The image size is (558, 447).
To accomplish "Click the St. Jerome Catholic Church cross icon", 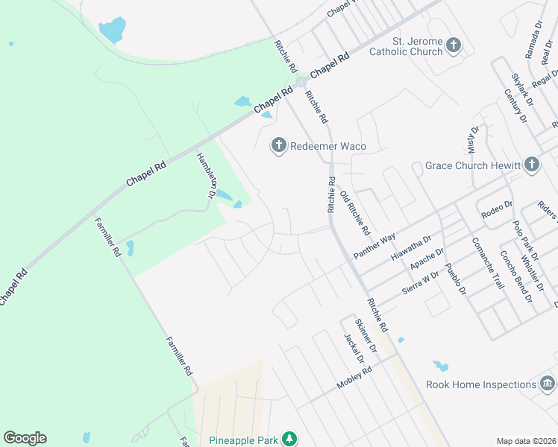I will (x=453, y=46).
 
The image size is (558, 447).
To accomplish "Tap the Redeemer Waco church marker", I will (x=279, y=145).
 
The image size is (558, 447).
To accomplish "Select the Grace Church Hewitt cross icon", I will (x=531, y=165).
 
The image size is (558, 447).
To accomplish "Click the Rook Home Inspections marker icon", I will (x=548, y=384).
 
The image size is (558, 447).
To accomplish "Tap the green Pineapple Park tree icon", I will (x=289, y=439).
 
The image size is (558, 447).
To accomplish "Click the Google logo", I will (x=25, y=438).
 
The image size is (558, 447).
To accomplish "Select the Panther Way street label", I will (x=374, y=246).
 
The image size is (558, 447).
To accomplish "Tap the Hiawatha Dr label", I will (x=411, y=250).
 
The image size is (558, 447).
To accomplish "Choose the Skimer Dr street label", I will (x=365, y=336).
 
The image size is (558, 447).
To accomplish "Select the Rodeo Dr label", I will (x=498, y=205).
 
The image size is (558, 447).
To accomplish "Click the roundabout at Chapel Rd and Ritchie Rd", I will (x=301, y=82).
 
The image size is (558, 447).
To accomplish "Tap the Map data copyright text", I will (x=525, y=441).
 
